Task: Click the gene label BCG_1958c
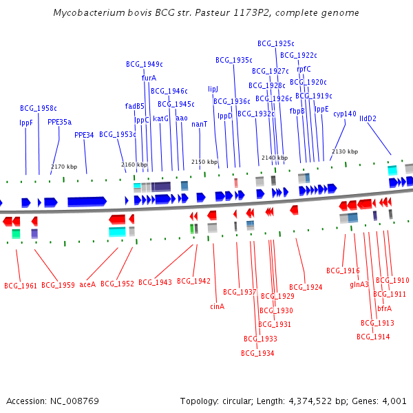pyautogui.click(x=38, y=108)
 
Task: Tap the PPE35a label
pyautogui.click(x=59, y=122)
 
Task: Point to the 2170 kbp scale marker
pyautogui.click(x=63, y=167)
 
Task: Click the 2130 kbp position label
pyautogui.click(x=345, y=151)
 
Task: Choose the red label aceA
pyautogui.click(x=87, y=284)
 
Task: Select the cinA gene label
pyautogui.click(x=217, y=306)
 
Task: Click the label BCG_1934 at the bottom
pyautogui.click(x=257, y=353)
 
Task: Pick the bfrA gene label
pyautogui.click(x=384, y=308)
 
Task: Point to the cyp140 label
pyautogui.click(x=344, y=114)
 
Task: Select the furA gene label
pyautogui.click(x=149, y=78)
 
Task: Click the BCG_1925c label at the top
pyautogui.click(x=275, y=43)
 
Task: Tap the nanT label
pyautogui.click(x=200, y=124)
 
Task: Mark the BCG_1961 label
pyautogui.click(x=21, y=285)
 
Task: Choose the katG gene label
pyautogui.click(x=160, y=118)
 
